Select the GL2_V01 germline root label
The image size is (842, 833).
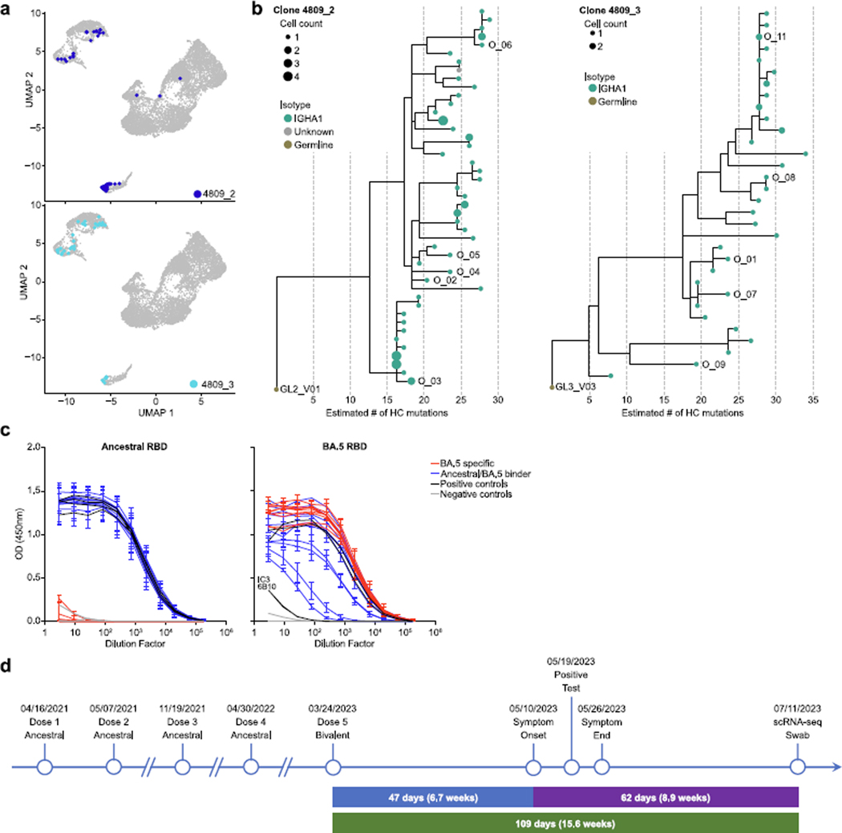click(300, 390)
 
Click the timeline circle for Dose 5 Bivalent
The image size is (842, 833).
click(333, 767)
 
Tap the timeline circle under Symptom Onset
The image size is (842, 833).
click(533, 767)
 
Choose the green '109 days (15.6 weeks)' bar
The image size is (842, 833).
click(565, 823)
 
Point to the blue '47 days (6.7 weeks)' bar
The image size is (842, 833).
click(433, 799)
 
